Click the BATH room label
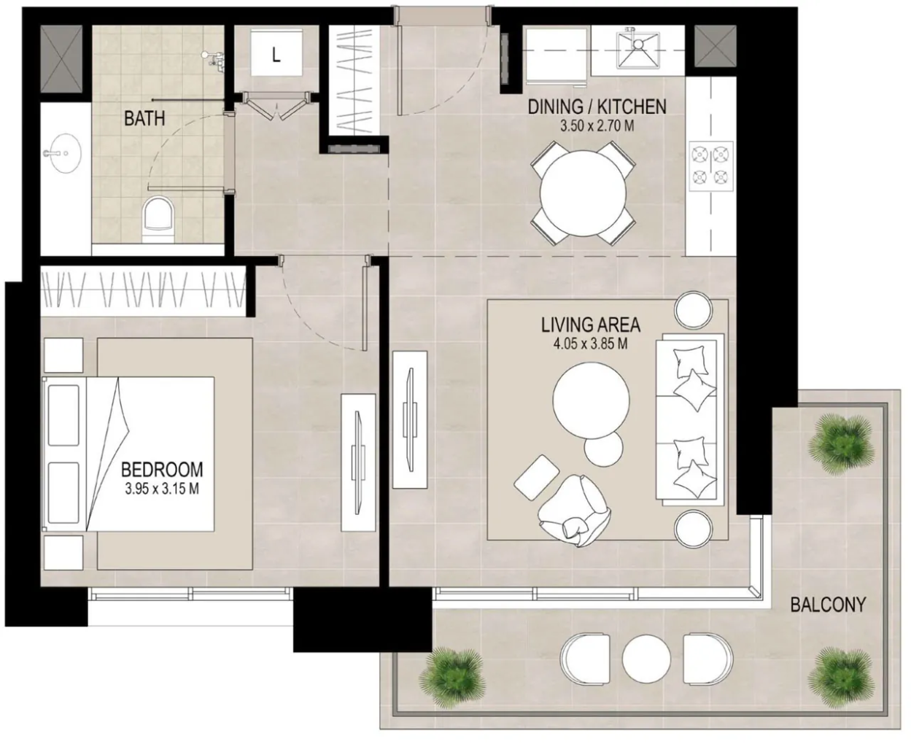tap(144, 118)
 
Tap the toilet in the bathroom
tap(158, 220)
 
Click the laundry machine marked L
tap(276, 53)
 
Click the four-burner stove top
tap(710, 166)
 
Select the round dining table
tap(583, 193)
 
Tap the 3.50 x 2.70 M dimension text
tap(597, 126)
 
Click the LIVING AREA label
tap(591, 325)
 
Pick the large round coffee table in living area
tap(591, 400)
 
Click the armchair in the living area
tap(573, 511)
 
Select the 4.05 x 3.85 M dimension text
tap(591, 344)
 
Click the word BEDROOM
tap(162, 470)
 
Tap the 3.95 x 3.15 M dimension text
tap(162, 489)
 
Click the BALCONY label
tap(828, 605)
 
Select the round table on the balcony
tap(646, 659)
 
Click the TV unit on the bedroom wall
tap(358, 462)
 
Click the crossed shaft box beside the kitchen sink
tap(715, 46)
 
